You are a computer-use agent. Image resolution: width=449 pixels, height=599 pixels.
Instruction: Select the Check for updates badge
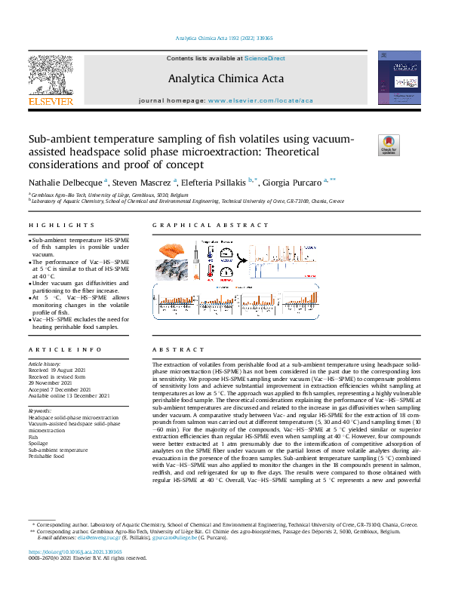[x=388, y=145]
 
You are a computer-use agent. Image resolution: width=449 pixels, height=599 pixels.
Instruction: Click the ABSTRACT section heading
[x=173, y=350]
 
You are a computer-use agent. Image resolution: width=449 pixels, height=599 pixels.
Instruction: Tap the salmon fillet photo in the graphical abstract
[x=174, y=250]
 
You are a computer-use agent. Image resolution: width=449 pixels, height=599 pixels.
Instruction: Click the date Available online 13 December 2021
[x=69, y=396]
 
